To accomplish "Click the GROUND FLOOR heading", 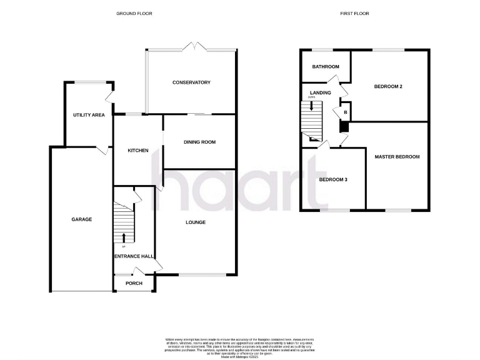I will pyautogui.click(x=134, y=13).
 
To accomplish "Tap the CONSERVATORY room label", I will pyautogui.click(x=191, y=82).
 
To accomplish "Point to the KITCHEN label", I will pyautogui.click(x=137, y=151).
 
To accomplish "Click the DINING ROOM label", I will pyautogui.click(x=199, y=142).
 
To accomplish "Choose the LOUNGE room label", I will pyautogui.click(x=195, y=222).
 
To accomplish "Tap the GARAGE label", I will pyautogui.click(x=81, y=219).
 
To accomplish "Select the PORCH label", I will pyautogui.click(x=134, y=283).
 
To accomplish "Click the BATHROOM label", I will pyautogui.click(x=326, y=67).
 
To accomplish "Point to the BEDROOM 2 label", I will pyautogui.click(x=387, y=86).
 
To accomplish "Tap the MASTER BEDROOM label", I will pyautogui.click(x=397, y=157).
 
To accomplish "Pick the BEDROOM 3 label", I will pyautogui.click(x=332, y=180).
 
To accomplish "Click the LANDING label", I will pyautogui.click(x=320, y=92).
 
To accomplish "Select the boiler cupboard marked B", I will pyautogui.click(x=344, y=112).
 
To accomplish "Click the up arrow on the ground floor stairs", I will pyautogui.click(x=124, y=237).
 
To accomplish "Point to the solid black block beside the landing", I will pyautogui.click(x=343, y=126).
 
